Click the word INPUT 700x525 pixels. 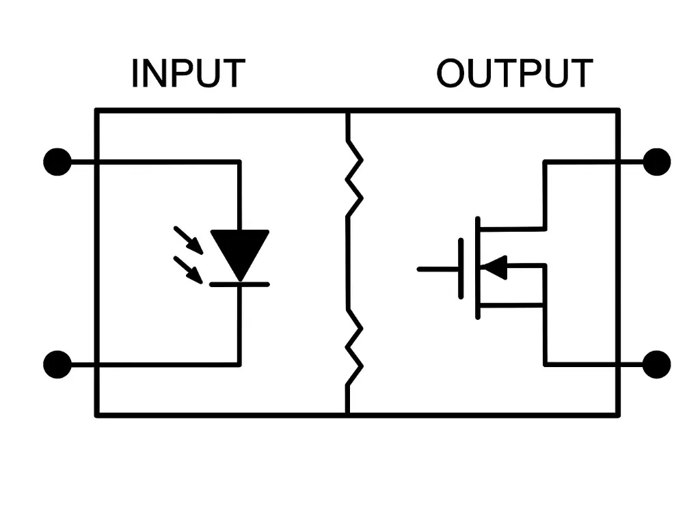tap(188, 74)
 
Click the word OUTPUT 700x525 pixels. tap(514, 74)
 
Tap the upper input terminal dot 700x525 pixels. tap(57, 162)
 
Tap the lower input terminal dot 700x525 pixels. tap(57, 364)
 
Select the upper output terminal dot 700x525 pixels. tap(657, 162)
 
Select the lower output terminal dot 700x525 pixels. tap(657, 364)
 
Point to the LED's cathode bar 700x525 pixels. tap(239, 284)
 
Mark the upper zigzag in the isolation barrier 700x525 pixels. tap(354, 178)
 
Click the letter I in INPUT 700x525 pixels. tap(135, 74)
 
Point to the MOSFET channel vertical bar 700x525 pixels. tap(478, 268)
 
